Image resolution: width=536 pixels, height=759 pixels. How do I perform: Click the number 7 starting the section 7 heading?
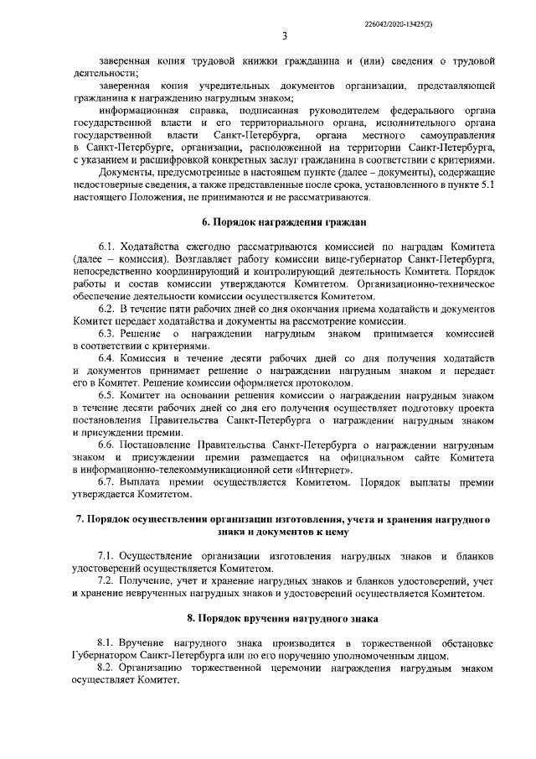coord(80,520)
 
